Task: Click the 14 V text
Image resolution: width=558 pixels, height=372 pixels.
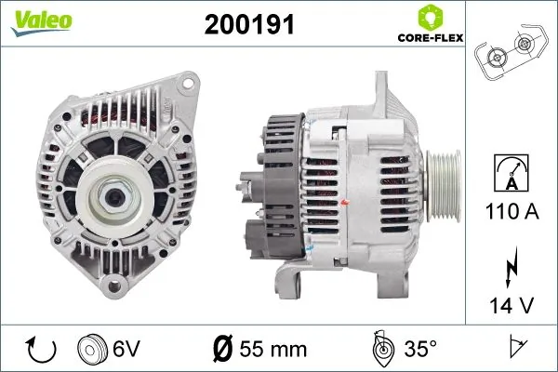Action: (510, 304)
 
